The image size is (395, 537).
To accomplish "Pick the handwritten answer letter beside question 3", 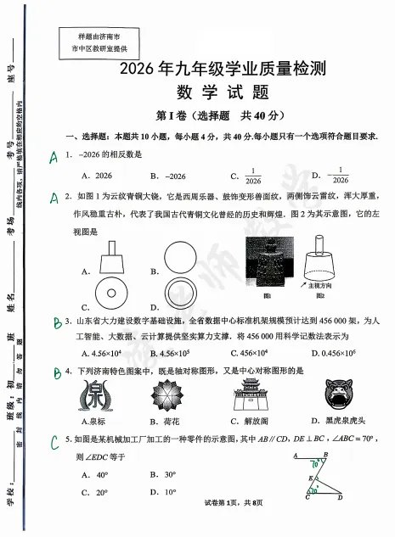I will (54, 322).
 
